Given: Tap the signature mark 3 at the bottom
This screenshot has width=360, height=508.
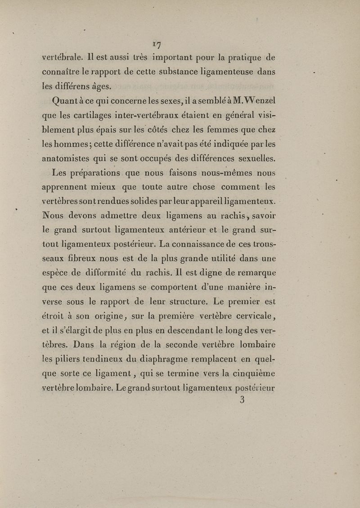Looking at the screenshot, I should (x=242, y=400).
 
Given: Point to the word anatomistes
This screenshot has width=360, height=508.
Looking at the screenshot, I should (x=67, y=158).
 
